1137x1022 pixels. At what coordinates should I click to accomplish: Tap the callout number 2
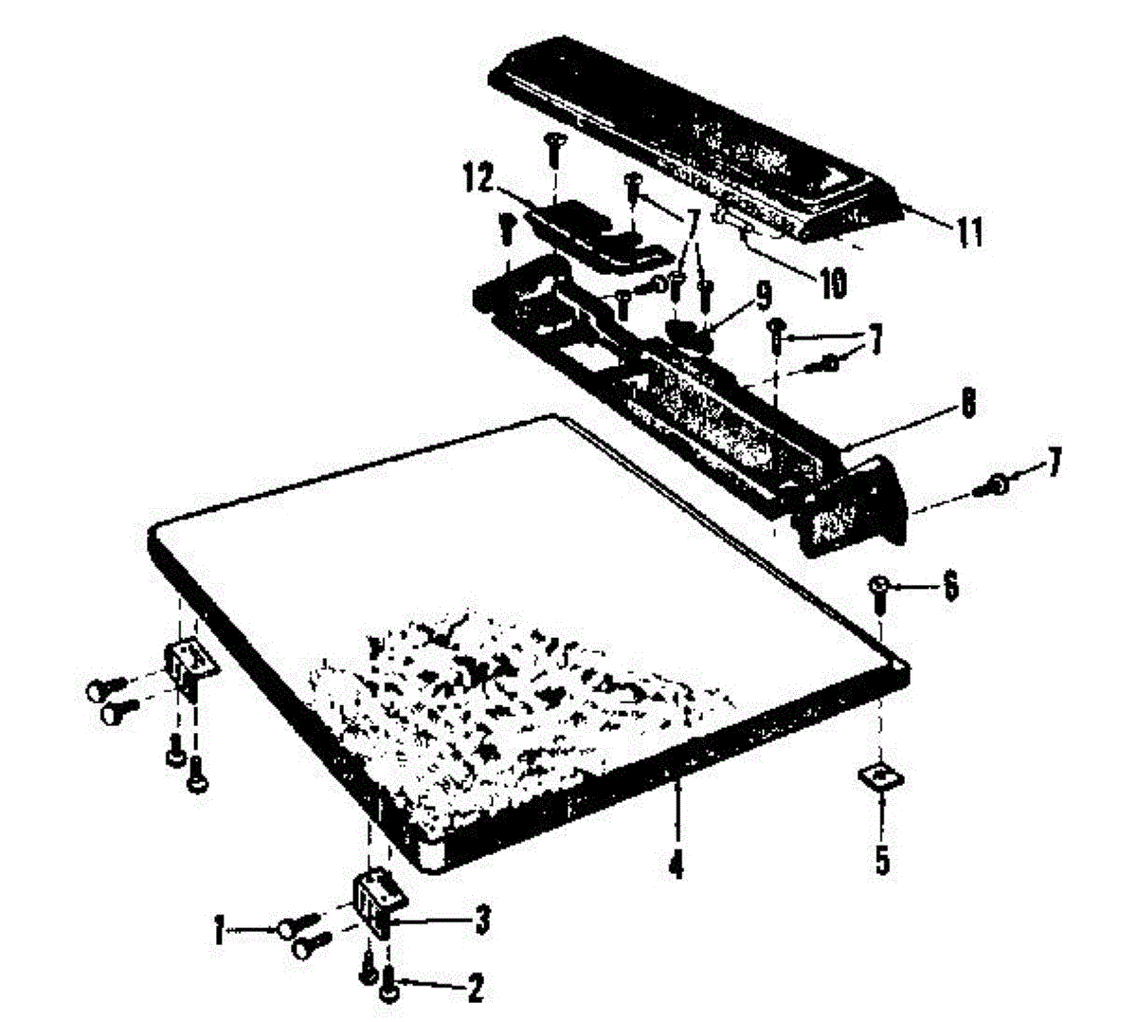click(474, 990)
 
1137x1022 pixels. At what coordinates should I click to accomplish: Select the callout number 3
click(481, 919)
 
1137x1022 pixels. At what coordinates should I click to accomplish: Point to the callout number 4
click(676, 865)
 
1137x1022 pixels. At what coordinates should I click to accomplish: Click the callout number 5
click(882, 862)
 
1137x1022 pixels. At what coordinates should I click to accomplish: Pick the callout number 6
click(949, 587)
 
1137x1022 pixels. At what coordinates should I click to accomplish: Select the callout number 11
click(968, 231)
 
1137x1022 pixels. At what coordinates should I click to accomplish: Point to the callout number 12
click(479, 179)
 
